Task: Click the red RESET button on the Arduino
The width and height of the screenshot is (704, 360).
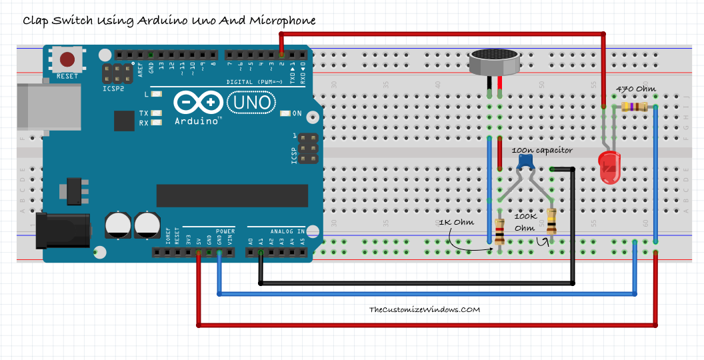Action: click(x=67, y=58)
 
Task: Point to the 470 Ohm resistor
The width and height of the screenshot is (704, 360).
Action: click(x=633, y=107)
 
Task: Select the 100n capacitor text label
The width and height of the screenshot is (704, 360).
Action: click(x=542, y=150)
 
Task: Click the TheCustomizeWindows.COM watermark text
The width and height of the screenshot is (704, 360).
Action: click(x=425, y=309)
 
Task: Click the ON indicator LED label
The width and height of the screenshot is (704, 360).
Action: click(x=297, y=113)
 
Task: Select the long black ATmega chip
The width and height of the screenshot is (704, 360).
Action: click(x=232, y=195)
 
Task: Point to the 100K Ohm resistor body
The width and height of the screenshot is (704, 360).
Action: click(x=551, y=220)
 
